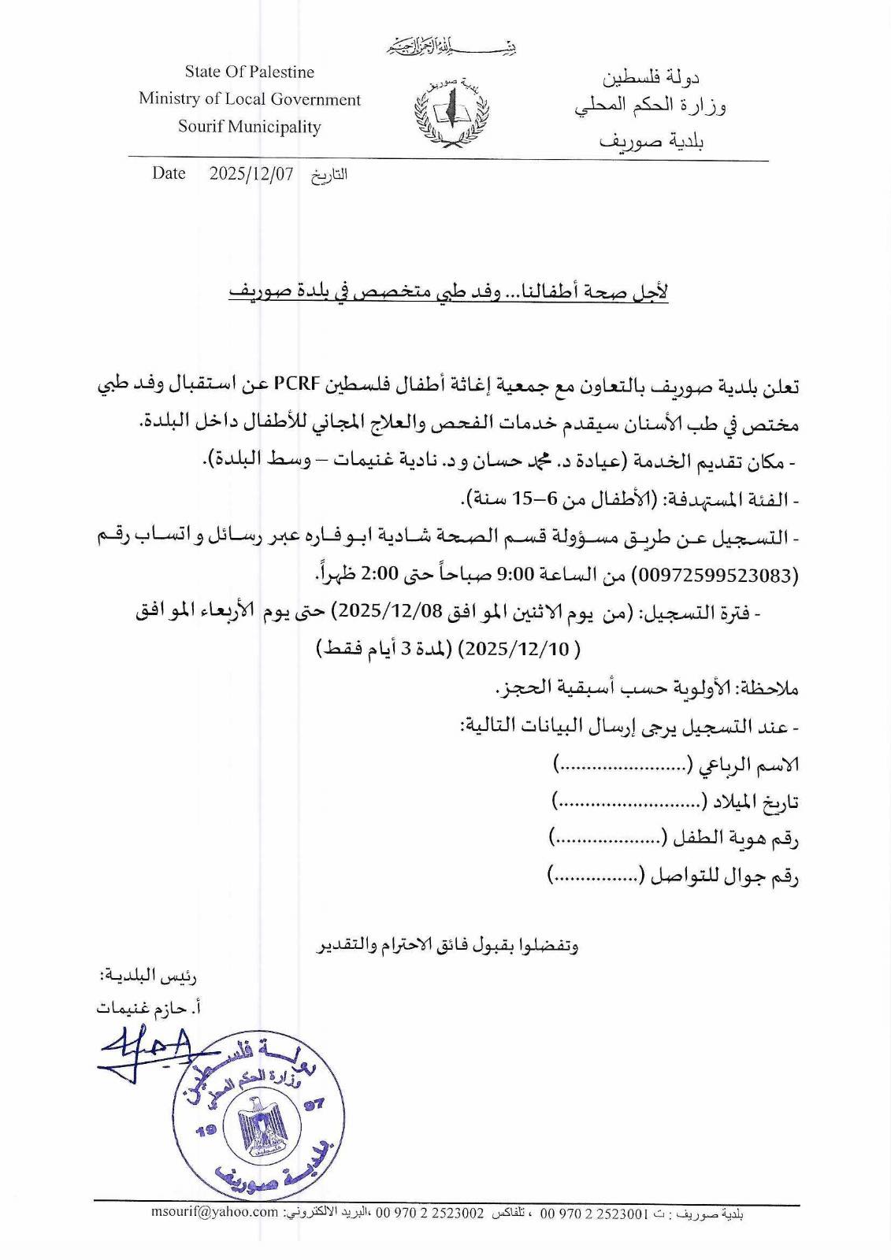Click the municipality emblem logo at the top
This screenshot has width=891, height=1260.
coord(451,113)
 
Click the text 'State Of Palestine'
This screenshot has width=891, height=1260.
coord(249,72)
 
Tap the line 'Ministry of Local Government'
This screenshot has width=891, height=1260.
coord(249,99)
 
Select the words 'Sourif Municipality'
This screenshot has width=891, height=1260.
coord(249,127)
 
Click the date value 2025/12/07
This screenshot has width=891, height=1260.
coord(251,174)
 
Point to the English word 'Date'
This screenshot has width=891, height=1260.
coord(169,173)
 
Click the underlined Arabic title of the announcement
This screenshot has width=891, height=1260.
coord(448,292)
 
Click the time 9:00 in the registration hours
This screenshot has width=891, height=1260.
coord(516,576)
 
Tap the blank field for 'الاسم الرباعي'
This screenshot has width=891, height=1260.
coord(623,764)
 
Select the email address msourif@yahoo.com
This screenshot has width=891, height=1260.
coord(215,1213)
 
